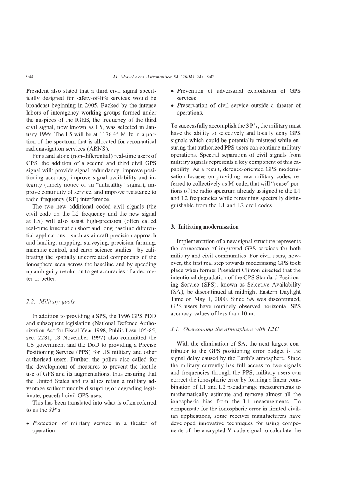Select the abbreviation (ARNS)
[97, 149]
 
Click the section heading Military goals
[57, 301]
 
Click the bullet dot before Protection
[28, 423]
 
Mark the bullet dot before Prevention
[172, 91]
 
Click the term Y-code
[238, 430]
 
